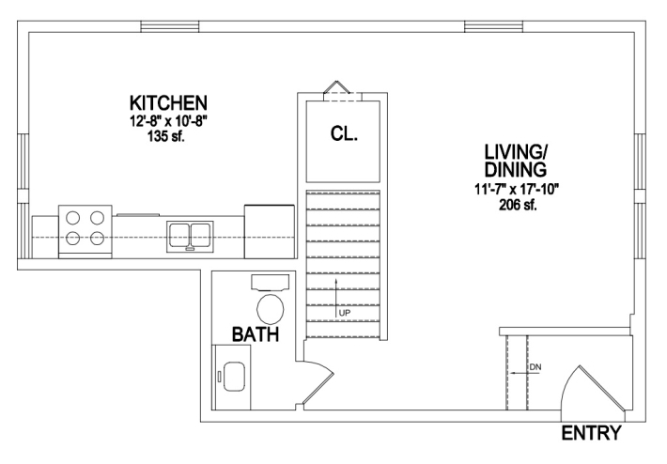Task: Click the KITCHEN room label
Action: point(168,103)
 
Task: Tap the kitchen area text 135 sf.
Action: point(166,136)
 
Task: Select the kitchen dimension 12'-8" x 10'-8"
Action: point(168,121)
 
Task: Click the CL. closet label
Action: point(344,134)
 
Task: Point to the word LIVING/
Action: point(516,152)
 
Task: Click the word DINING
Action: point(516,169)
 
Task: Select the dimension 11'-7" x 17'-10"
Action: point(516,189)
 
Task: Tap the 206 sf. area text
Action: point(518,205)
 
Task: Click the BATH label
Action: point(256,334)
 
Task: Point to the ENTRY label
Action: point(591,433)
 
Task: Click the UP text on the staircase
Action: point(345,313)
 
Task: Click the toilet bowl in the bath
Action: point(271,308)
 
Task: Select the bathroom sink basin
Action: point(234,376)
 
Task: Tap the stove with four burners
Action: point(85,231)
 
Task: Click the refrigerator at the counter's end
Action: point(270,232)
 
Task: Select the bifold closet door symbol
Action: point(337,86)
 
